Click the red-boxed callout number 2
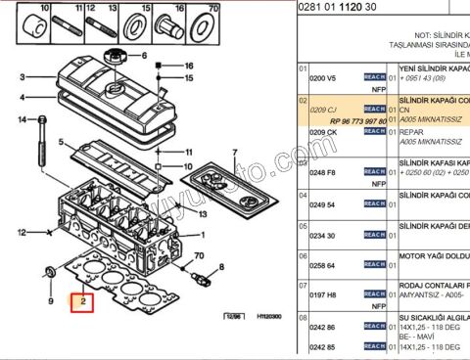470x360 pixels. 83,301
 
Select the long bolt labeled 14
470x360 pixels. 41,138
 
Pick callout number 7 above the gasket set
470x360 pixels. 235,153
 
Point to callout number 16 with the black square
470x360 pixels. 189,66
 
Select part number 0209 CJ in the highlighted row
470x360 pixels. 323,109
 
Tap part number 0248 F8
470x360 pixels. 323,172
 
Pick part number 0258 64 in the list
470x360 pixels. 322,266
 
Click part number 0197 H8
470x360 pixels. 322,293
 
